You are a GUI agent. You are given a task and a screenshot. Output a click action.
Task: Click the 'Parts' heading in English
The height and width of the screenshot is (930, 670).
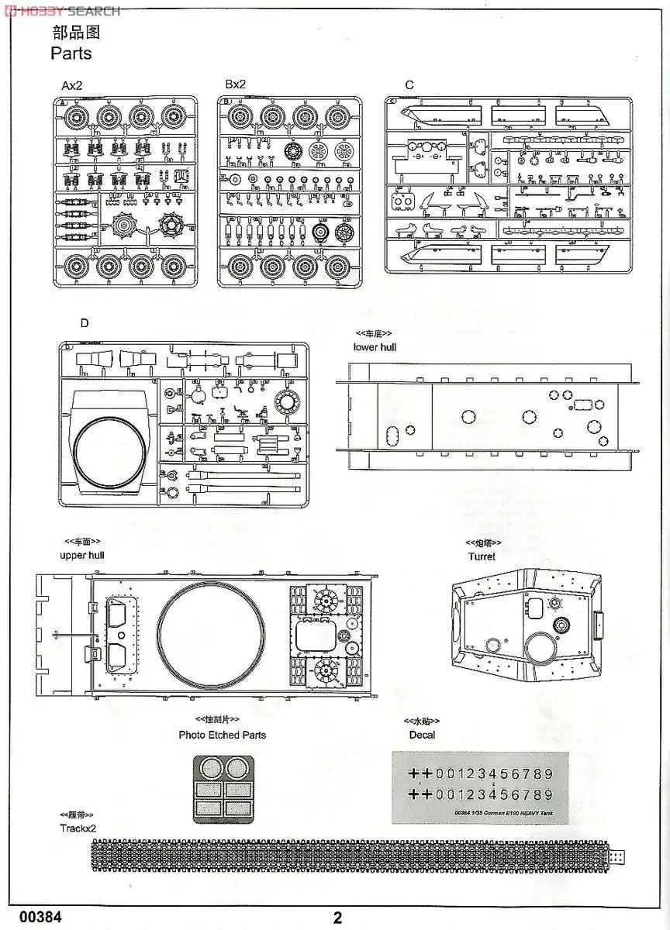(x=71, y=53)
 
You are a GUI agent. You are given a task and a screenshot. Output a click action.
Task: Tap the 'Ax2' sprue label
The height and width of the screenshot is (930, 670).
(x=72, y=85)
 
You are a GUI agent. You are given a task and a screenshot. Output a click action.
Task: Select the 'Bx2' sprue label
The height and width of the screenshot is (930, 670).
(x=235, y=85)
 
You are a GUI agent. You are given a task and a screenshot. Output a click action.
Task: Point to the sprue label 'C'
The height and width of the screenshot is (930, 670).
(x=409, y=85)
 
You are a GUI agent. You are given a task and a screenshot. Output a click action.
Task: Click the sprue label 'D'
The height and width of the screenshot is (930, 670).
(x=84, y=324)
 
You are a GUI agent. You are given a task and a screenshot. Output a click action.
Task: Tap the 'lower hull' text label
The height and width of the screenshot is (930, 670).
(x=375, y=347)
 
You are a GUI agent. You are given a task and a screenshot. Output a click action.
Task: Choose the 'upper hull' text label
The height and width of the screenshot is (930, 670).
(x=81, y=555)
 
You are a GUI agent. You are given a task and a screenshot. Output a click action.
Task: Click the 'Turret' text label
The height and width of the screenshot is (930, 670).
(x=482, y=556)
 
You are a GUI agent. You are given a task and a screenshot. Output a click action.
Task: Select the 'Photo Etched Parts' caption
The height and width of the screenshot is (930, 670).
(x=222, y=735)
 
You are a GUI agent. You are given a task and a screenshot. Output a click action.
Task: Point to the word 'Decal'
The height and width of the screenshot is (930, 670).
(x=422, y=735)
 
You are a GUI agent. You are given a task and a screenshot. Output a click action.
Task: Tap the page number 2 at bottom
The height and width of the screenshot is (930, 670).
(x=337, y=918)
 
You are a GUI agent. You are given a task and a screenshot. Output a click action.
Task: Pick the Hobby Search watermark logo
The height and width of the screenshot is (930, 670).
(x=60, y=11)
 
